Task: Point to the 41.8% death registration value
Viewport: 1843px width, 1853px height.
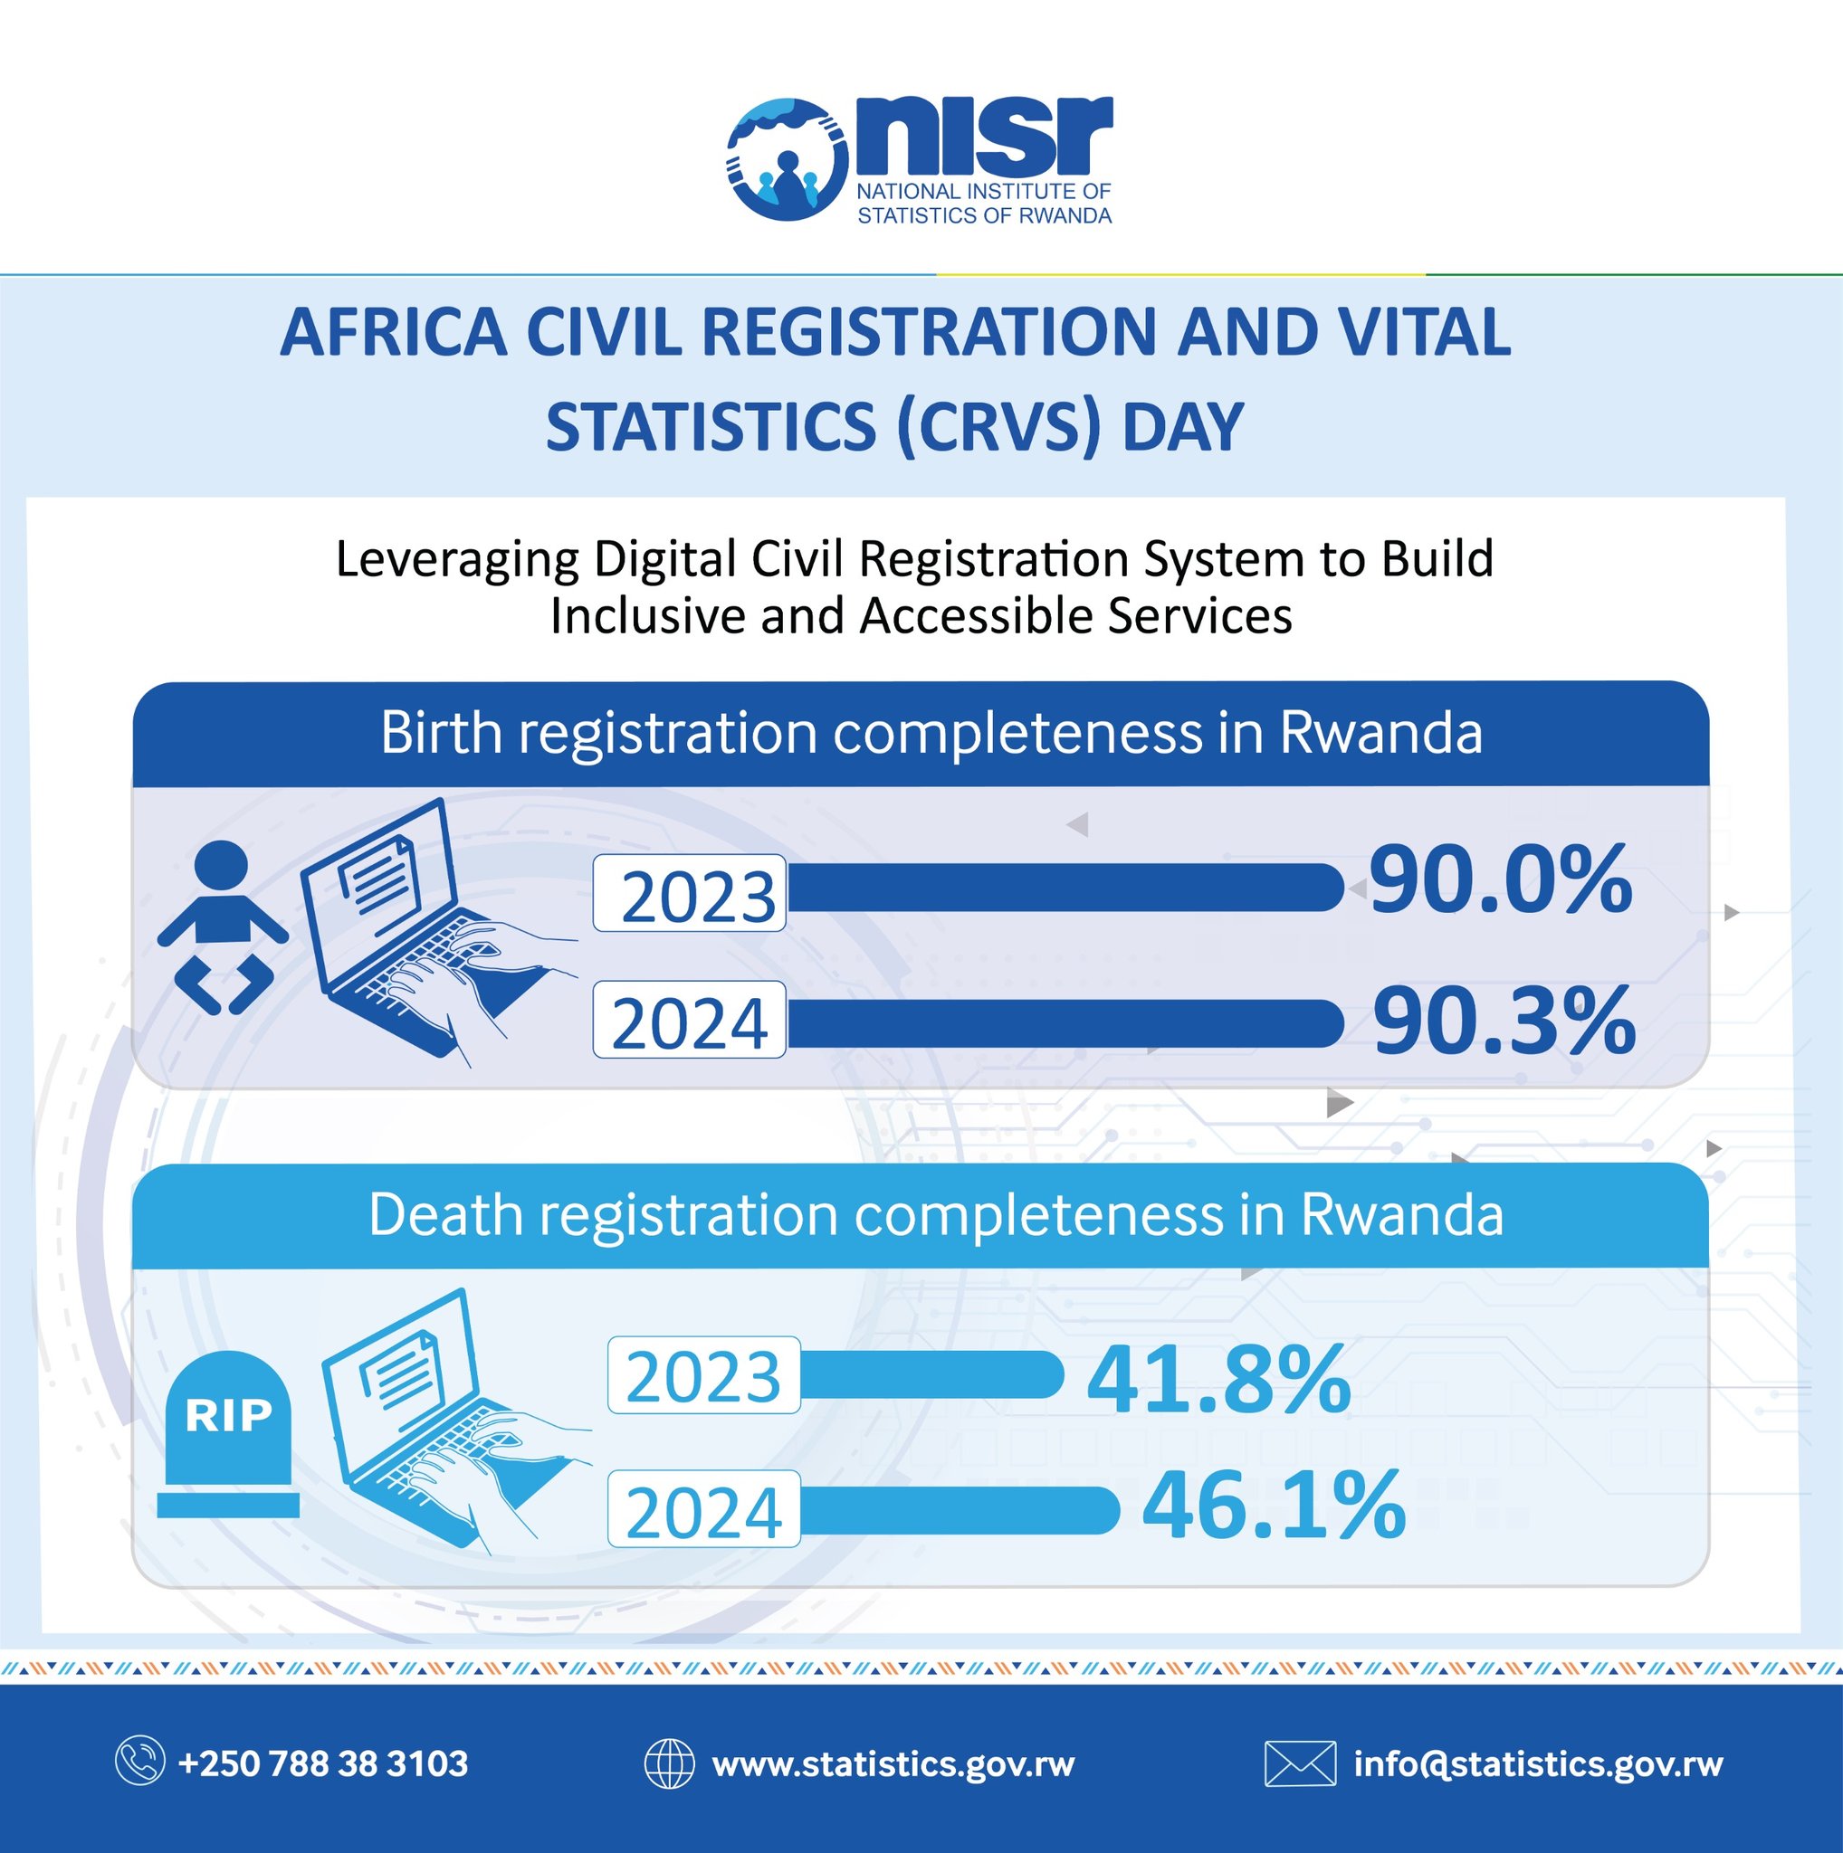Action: (x=1218, y=1380)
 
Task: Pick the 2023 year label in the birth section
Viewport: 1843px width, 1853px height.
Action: (x=689, y=894)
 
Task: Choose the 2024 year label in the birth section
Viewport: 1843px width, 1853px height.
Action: (x=689, y=1021)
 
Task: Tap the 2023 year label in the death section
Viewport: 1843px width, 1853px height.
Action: (x=703, y=1375)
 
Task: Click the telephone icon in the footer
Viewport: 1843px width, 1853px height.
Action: (x=140, y=1763)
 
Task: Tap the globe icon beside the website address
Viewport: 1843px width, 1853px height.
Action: (x=669, y=1763)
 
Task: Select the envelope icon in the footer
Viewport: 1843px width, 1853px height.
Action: (x=1300, y=1763)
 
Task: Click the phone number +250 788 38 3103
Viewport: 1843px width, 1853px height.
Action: (x=323, y=1763)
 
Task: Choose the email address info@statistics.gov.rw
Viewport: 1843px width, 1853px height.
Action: (x=1538, y=1763)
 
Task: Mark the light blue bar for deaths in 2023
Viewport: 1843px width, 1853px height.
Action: (x=931, y=1374)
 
